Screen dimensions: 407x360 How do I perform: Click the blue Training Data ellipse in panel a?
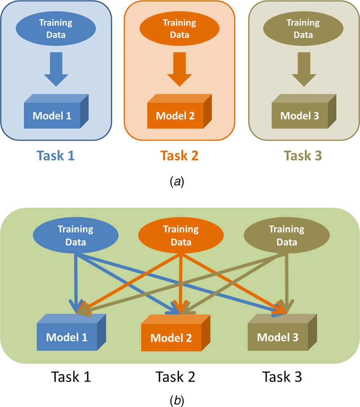coord(56,28)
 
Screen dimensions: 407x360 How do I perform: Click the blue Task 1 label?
coord(56,156)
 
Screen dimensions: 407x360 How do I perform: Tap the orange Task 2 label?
coord(180,156)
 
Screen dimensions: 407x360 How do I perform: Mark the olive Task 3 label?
coord(303,156)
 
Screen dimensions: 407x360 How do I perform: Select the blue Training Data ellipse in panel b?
coord(75,235)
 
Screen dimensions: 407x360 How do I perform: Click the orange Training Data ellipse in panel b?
coord(181,235)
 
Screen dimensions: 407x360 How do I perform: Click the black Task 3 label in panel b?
coord(282,376)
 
